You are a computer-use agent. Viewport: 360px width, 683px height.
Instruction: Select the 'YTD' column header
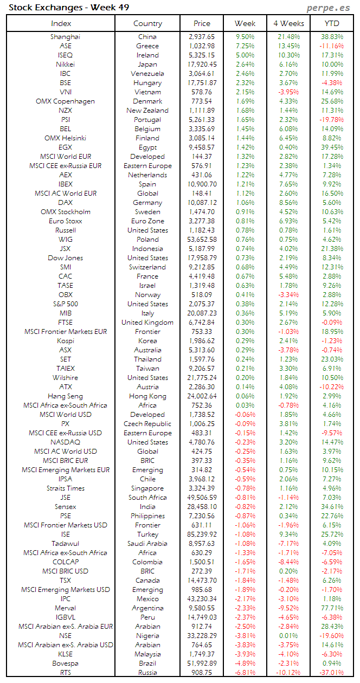(x=332, y=23)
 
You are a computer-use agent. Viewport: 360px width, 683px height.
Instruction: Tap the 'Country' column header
(x=147, y=23)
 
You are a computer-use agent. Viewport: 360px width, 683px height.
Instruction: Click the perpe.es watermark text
(x=329, y=8)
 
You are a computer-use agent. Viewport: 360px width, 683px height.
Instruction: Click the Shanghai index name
(x=65, y=37)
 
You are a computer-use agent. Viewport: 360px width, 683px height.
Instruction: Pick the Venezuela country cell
(x=147, y=74)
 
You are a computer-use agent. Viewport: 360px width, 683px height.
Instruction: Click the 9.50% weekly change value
(x=245, y=37)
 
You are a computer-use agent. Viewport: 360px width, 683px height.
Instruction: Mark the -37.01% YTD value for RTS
(x=331, y=673)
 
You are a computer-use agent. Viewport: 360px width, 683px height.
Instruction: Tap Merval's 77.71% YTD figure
(x=332, y=608)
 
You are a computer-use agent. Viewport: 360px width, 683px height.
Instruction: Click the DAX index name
(x=65, y=203)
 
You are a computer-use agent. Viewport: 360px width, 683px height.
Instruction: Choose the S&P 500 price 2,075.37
(x=202, y=304)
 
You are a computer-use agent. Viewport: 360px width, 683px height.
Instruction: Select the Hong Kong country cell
(x=147, y=396)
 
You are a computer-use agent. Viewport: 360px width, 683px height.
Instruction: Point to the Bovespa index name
(x=65, y=663)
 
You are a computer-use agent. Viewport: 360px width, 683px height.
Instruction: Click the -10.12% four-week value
(x=288, y=673)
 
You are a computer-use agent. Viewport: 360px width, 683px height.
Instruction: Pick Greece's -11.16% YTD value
(x=331, y=46)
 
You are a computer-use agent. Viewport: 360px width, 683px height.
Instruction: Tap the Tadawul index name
(x=65, y=544)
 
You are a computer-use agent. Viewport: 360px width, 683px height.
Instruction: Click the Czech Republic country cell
(x=147, y=424)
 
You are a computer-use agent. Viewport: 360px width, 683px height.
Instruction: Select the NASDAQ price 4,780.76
(x=202, y=442)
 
